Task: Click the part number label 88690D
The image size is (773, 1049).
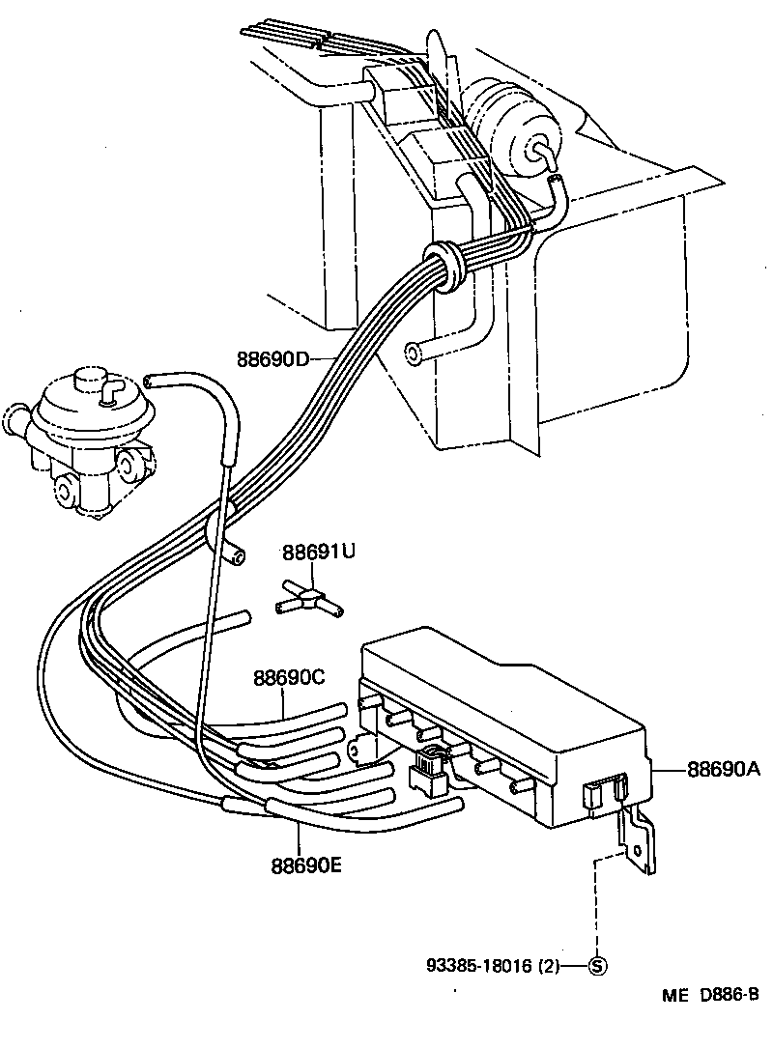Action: [272, 359]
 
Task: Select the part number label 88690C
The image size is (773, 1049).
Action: [289, 678]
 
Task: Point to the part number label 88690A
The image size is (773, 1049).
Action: [724, 769]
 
